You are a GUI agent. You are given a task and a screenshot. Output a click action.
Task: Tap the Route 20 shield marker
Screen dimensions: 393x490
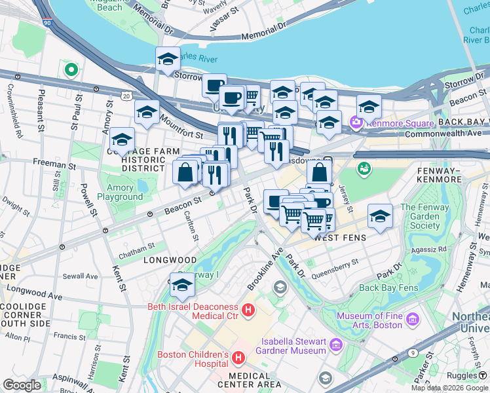[126, 96]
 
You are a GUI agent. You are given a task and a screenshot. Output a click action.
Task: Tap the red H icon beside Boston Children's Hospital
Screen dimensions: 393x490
[238, 358]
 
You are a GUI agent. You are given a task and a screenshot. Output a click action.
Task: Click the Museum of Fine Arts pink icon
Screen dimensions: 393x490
[412, 320]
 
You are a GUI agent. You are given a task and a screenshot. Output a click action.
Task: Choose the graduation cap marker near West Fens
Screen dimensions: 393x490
[380, 216]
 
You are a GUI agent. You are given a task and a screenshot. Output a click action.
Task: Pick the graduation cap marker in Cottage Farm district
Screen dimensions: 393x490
[122, 139]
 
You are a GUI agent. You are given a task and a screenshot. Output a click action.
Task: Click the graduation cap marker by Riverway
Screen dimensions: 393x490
[183, 284]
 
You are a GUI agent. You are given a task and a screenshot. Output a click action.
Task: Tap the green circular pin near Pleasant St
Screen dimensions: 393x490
[70, 68]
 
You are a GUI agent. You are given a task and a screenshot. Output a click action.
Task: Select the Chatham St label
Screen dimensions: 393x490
[137, 246]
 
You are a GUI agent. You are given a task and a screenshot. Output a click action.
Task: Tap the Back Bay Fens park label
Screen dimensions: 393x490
[388, 288]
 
